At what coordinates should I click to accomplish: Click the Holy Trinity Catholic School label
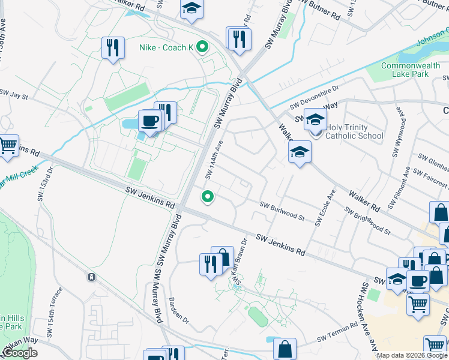pyautogui.click(x=354, y=131)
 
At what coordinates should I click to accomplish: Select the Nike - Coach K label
pyautogui.click(x=167, y=46)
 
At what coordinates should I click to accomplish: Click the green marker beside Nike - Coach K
pyautogui.click(x=202, y=46)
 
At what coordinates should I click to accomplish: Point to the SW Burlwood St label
pyautogui.click(x=282, y=210)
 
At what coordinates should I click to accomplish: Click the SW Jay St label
pyautogui.click(x=14, y=95)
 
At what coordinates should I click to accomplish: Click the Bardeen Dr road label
pyautogui.click(x=179, y=310)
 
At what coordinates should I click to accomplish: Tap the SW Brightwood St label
pyautogui.click(x=367, y=221)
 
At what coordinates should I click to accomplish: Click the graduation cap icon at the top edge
pyautogui.click(x=191, y=9)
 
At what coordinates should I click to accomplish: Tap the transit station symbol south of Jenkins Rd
pyautogui.click(x=91, y=277)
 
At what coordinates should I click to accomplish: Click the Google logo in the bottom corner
pyautogui.click(x=19, y=353)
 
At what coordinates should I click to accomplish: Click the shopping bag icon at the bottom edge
pyautogui.click(x=285, y=349)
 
